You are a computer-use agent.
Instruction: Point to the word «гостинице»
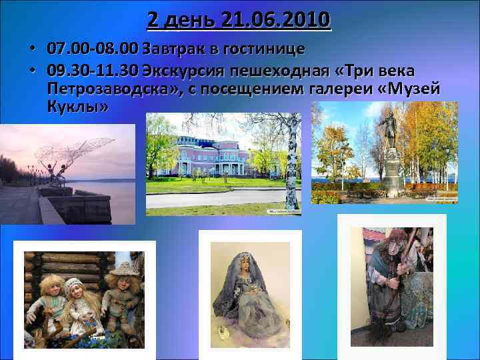[x=265, y=49]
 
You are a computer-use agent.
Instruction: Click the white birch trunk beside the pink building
[x=292, y=167]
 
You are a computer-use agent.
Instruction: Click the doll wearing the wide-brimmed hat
[x=123, y=293]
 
